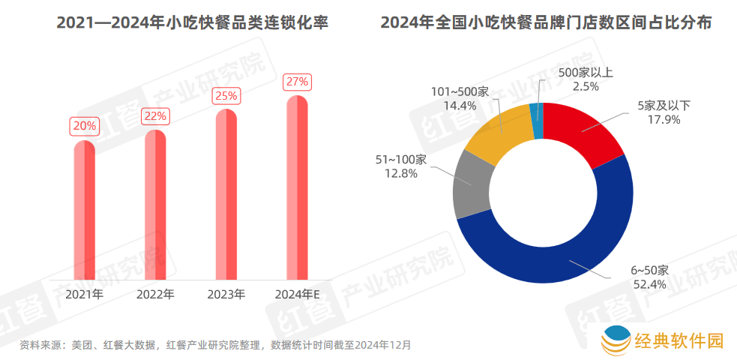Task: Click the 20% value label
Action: (x=84, y=126)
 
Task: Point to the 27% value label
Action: (x=298, y=81)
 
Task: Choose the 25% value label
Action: (x=226, y=96)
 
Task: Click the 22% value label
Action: (x=155, y=116)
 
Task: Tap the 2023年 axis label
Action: (x=226, y=294)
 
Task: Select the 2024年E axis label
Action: (x=298, y=294)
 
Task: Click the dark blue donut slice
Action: (x=555, y=255)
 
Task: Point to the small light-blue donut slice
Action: (x=536, y=120)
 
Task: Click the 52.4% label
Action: (x=649, y=283)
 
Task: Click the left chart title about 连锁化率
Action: (x=193, y=23)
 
